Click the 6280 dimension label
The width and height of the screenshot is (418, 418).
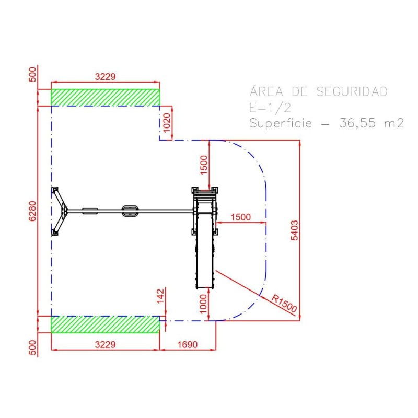pyautogui.click(x=32, y=211)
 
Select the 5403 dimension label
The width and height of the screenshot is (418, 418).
pyautogui.click(x=294, y=230)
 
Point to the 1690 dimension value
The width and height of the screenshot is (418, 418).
pyautogui.click(x=188, y=344)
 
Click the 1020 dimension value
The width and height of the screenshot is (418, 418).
pyautogui.click(x=166, y=123)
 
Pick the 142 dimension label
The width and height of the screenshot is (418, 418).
pyautogui.click(x=160, y=296)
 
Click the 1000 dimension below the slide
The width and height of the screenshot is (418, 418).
pyautogui.click(x=203, y=304)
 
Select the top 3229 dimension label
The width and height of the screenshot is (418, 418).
pyautogui.click(x=106, y=76)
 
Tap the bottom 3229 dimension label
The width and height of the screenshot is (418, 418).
pyautogui.click(x=106, y=344)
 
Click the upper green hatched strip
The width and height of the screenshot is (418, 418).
pyautogui.click(x=106, y=98)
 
